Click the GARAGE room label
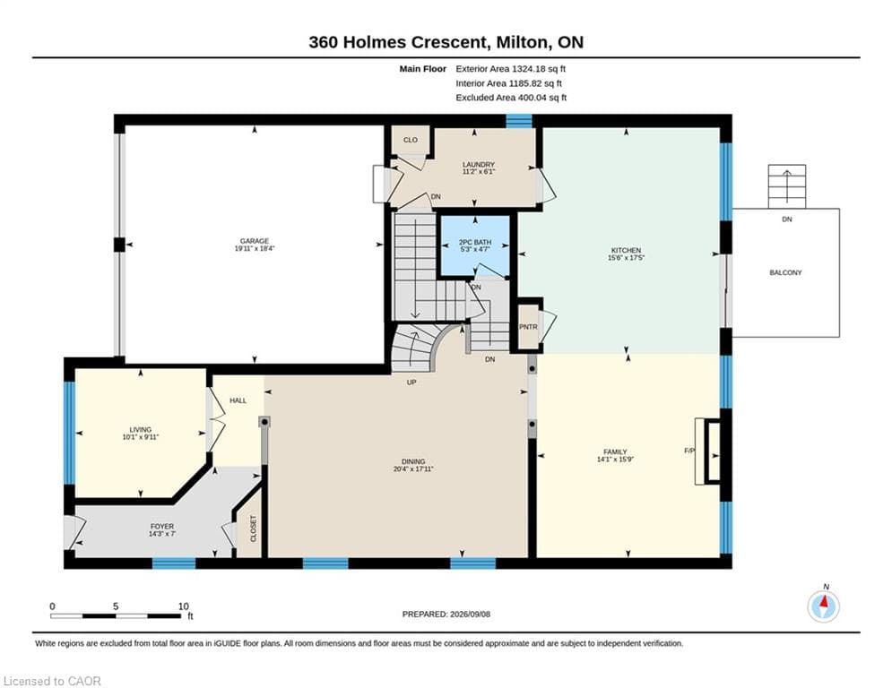[x=255, y=241]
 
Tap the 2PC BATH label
[x=475, y=242]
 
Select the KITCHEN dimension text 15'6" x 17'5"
[x=626, y=258]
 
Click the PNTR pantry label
[x=528, y=327]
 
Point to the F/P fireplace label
[x=689, y=451]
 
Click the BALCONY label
[x=785, y=273]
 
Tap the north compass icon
[x=823, y=606]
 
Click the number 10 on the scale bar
[x=183, y=606]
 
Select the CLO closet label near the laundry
[x=411, y=140]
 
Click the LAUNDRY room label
[x=479, y=164]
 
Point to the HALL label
[x=238, y=400]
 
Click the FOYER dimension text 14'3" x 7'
[x=162, y=534]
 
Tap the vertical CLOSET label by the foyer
[x=254, y=529]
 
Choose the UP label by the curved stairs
[x=411, y=383]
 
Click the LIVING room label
[x=140, y=430]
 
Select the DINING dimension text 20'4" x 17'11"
[x=413, y=469]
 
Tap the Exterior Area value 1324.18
[x=528, y=69]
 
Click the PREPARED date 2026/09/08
[x=470, y=614]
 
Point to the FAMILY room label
[x=615, y=452]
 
